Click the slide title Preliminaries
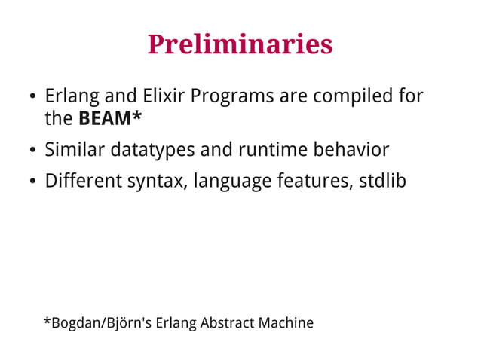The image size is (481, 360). [x=240, y=44]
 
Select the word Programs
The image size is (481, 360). [x=232, y=98]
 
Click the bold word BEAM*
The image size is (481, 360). [x=110, y=119]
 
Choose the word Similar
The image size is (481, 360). [x=75, y=150]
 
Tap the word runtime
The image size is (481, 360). [x=274, y=150]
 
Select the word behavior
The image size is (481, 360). [x=353, y=150]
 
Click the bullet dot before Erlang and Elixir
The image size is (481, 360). [x=32, y=99]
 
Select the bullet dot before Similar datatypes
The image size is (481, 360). [x=32, y=151]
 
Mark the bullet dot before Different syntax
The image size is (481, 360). [x=32, y=183]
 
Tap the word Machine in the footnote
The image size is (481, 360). [x=286, y=323]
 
